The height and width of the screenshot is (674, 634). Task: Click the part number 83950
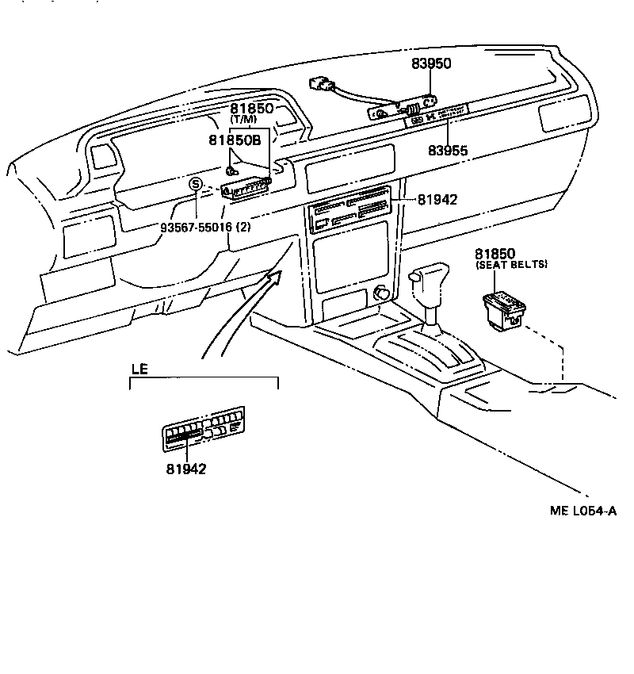(431, 64)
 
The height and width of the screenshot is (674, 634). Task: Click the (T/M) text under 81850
(243, 119)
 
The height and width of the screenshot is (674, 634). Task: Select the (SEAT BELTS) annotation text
(511, 264)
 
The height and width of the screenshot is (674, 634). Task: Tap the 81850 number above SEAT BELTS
(495, 253)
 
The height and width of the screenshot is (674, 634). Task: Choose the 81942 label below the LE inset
(186, 469)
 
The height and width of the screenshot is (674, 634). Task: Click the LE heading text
(139, 370)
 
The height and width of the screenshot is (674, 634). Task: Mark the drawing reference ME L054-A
(583, 511)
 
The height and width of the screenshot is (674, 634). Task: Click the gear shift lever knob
(427, 281)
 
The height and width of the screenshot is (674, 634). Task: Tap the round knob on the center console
(383, 293)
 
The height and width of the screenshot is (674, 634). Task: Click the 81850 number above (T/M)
(252, 108)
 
